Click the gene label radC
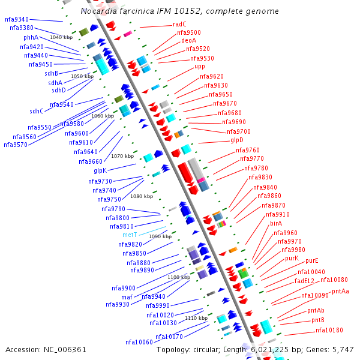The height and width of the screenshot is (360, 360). coord(179,25)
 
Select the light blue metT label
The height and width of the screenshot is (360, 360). coord(130,235)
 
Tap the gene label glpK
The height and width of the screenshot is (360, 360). coord(100,170)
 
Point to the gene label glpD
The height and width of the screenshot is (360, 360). coord(237,140)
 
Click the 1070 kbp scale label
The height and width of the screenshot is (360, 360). coord(122,156)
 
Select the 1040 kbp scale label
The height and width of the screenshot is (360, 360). coord(61,37)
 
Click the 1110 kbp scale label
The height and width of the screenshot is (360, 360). coord(196,318)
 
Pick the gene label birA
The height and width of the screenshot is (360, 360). coord(276,223)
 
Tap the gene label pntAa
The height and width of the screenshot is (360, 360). coord(340,292)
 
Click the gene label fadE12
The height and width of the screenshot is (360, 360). coord(304,281)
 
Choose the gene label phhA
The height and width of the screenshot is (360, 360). coord(31,37)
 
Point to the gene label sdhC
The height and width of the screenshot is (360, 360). coord(37,111)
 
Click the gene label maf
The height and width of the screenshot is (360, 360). coord(127,297)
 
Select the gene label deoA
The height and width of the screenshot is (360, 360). coord(188,41)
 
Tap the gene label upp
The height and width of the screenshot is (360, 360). coord(200,67)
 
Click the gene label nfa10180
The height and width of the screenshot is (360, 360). coord(329,330)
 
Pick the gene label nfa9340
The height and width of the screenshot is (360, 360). coord(17,20)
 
